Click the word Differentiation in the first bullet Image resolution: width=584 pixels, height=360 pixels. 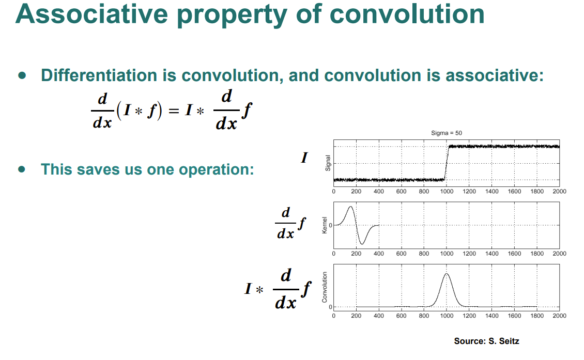(x=99, y=75)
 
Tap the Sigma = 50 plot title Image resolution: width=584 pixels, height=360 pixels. (x=446, y=133)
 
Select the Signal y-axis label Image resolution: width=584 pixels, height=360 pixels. (x=328, y=163)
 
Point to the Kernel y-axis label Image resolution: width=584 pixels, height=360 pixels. (x=325, y=225)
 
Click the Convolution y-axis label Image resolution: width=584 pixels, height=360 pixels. (x=325, y=287)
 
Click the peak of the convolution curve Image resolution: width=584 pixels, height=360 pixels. (x=446, y=274)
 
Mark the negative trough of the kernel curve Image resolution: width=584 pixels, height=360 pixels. (x=362, y=244)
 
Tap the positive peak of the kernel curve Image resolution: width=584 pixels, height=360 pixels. (x=350, y=207)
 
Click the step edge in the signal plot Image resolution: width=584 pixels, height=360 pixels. (x=447, y=163)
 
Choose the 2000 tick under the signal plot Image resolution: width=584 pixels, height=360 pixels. (x=559, y=191)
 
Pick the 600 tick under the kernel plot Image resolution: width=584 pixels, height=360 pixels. (x=401, y=254)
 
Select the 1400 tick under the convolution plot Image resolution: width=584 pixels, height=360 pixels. (x=491, y=316)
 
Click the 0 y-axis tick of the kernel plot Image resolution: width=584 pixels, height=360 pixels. (x=330, y=225)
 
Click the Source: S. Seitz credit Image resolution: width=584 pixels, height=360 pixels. (x=486, y=341)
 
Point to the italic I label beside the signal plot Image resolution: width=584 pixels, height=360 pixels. (x=304, y=158)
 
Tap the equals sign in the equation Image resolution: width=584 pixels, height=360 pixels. (x=174, y=111)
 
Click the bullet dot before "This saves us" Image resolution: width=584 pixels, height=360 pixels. (x=22, y=169)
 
